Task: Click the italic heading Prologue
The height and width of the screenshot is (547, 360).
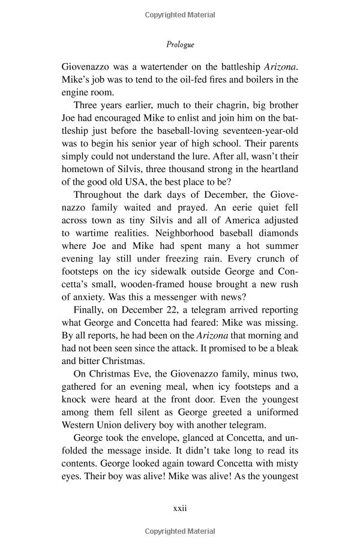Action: [180, 44]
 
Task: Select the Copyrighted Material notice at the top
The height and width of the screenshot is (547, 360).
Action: [180, 13]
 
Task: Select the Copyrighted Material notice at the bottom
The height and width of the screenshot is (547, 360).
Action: [180, 531]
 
